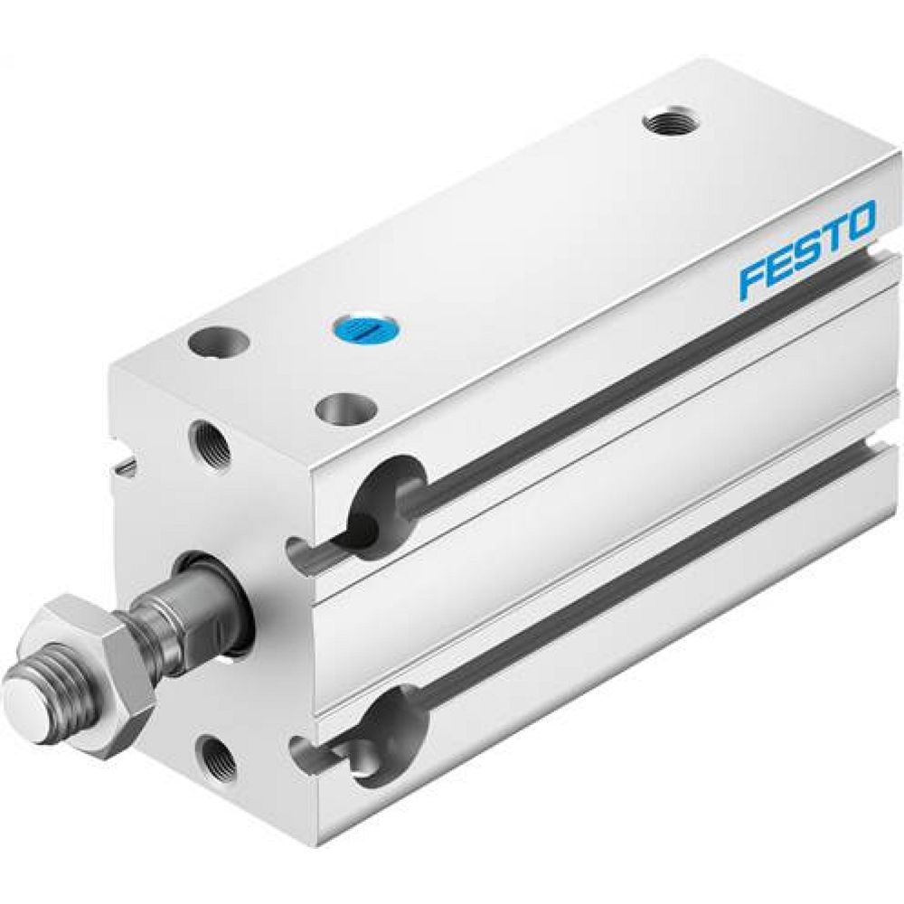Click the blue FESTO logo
pyautogui.click(x=807, y=250)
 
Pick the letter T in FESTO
pyautogui.click(x=832, y=237)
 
